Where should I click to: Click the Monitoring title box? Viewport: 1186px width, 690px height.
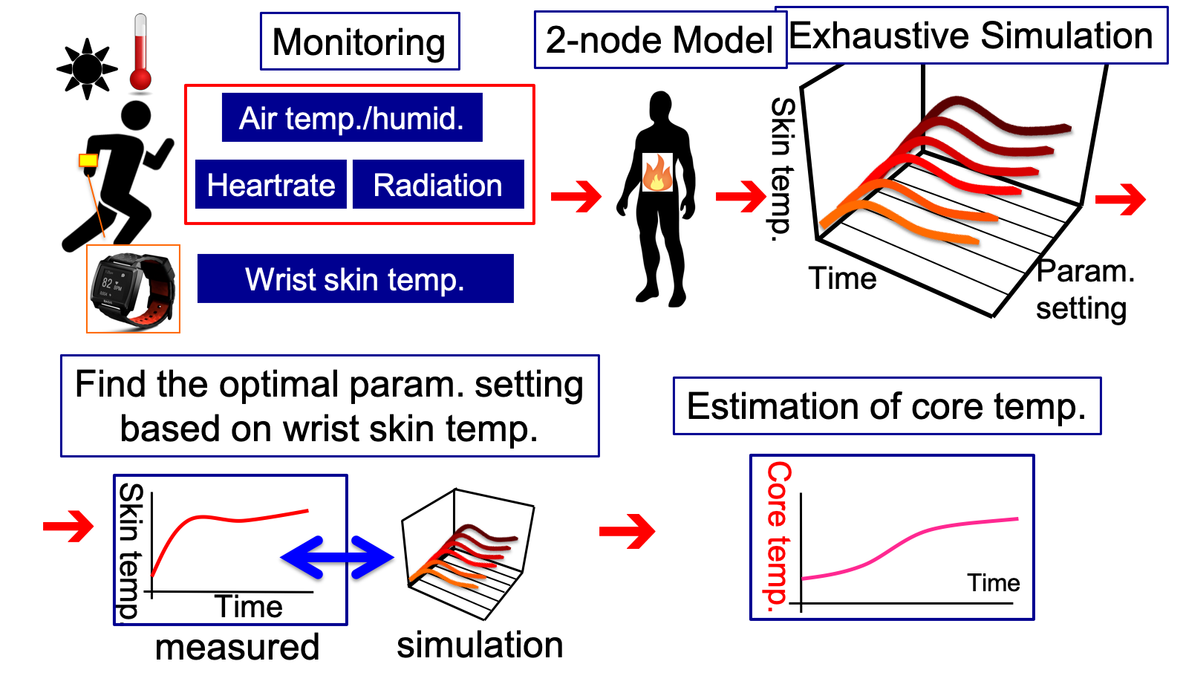pos(360,42)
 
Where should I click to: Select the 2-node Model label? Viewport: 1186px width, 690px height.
pos(660,39)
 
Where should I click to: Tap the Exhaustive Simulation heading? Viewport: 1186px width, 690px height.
pos(971,36)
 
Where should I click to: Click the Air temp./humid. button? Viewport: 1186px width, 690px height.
pos(352,117)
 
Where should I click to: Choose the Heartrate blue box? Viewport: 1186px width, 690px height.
pos(271,184)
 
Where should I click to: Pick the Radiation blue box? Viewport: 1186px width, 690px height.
pos(438,184)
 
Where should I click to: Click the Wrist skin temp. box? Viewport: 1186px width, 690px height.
pos(355,279)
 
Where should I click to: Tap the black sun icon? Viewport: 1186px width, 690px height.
pos(88,69)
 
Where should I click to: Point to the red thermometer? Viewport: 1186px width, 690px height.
pos(141,51)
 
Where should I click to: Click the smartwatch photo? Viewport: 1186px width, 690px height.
pos(134,289)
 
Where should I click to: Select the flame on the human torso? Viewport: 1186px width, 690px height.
pos(657,172)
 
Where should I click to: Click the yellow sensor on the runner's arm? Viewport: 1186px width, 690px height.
pos(88,160)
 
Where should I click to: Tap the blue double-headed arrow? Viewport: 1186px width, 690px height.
pos(337,557)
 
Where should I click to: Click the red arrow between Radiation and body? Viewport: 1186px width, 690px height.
pos(576,197)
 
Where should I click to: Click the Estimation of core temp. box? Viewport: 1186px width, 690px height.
pos(887,406)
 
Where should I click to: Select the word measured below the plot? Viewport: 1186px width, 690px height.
pos(237,647)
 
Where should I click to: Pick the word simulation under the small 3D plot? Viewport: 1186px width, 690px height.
pos(480,645)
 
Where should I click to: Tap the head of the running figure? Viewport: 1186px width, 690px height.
pos(136,115)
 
